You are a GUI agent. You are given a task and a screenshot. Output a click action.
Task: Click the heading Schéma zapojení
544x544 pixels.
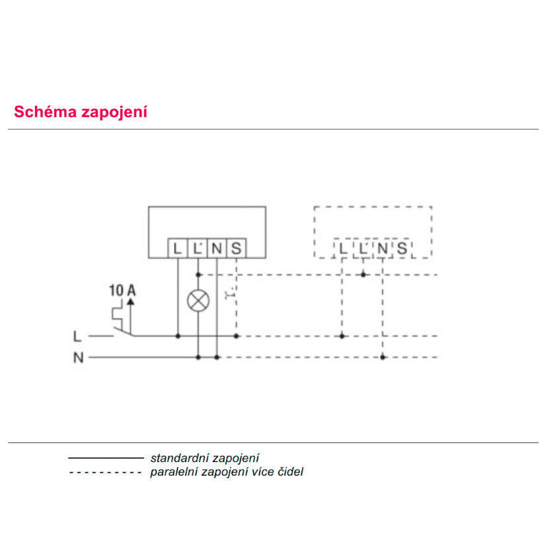tap(81, 112)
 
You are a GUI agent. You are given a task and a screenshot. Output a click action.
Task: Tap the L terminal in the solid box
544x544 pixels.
tap(178, 248)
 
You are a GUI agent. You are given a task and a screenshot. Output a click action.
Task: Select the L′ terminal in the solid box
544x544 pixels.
tap(198, 248)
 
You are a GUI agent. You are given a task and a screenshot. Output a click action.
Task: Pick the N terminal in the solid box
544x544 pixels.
tap(217, 248)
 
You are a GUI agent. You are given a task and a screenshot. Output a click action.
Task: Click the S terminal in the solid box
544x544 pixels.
tap(236, 248)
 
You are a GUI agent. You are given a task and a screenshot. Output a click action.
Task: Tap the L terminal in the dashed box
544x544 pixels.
tap(343, 248)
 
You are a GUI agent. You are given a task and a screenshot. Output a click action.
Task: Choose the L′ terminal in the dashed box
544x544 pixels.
tap(363, 248)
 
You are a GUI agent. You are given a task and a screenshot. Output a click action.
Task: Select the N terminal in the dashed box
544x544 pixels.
tap(382, 248)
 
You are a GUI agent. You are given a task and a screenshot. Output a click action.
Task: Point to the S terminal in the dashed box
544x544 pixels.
tap(402, 248)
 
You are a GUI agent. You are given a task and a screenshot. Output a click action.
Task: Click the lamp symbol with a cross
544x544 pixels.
tap(198, 301)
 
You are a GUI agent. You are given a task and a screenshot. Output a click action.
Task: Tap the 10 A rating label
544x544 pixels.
tap(122, 290)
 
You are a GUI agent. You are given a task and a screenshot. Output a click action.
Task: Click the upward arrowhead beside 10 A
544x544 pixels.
tap(131, 301)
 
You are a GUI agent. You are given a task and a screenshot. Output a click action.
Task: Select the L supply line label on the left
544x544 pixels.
tap(77, 336)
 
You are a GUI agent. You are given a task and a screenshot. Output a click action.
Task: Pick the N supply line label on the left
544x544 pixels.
tap(79, 358)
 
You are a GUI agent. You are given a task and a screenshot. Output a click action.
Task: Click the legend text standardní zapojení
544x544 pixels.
tap(205, 458)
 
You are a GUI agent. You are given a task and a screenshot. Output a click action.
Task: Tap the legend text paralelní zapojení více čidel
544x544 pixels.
tap(227, 472)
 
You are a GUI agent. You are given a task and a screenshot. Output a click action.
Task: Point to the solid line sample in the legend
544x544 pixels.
tap(106, 458)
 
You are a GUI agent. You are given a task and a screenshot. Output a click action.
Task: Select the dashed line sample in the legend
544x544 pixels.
tap(105, 472)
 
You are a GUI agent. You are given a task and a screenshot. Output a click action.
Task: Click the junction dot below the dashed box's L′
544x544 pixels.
tap(364, 275)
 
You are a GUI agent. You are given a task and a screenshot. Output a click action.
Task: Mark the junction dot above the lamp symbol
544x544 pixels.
tap(198, 275)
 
